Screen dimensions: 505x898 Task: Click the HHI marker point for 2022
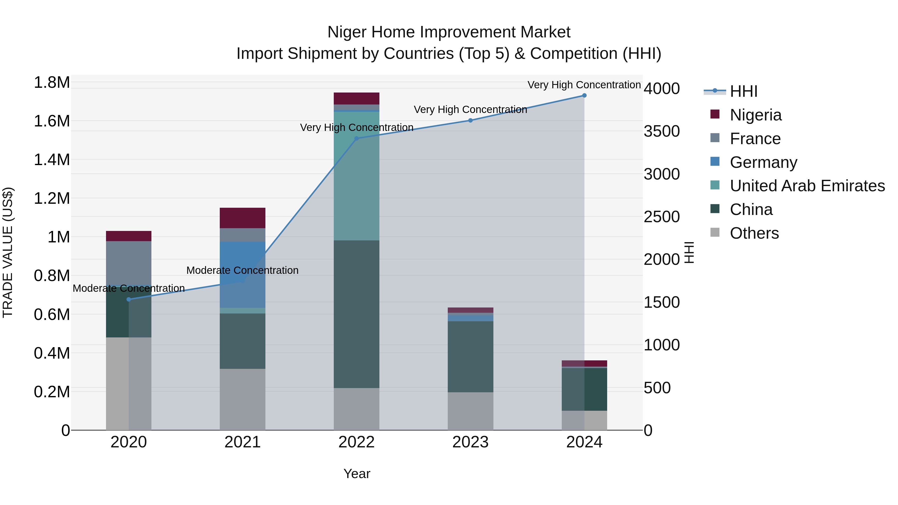pyautogui.click(x=356, y=138)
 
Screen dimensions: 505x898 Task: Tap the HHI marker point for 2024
pyautogui.click(x=584, y=96)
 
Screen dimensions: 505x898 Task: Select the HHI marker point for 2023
pyautogui.click(x=470, y=120)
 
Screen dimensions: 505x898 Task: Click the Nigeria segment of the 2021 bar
pyautogui.click(x=242, y=218)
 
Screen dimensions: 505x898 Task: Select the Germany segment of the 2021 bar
pyautogui.click(x=242, y=274)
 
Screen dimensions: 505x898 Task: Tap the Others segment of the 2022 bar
pyautogui.click(x=356, y=408)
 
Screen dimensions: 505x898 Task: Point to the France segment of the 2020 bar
pyautogui.click(x=129, y=263)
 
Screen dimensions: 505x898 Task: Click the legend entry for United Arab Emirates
pyautogui.click(x=807, y=186)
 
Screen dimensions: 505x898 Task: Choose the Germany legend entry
pyautogui.click(x=763, y=162)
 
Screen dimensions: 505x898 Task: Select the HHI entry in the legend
pyautogui.click(x=743, y=91)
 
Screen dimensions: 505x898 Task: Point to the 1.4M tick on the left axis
pyautogui.click(x=52, y=160)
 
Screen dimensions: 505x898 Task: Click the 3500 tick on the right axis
pyautogui.click(x=661, y=131)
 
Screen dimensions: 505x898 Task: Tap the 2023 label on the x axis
pyautogui.click(x=470, y=442)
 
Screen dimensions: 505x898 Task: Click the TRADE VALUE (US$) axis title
pyautogui.click(x=8, y=252)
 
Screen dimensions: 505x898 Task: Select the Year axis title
pyautogui.click(x=357, y=474)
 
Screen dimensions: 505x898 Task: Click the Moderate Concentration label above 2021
pyautogui.click(x=242, y=270)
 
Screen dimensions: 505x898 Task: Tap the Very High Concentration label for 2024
pyautogui.click(x=584, y=85)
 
